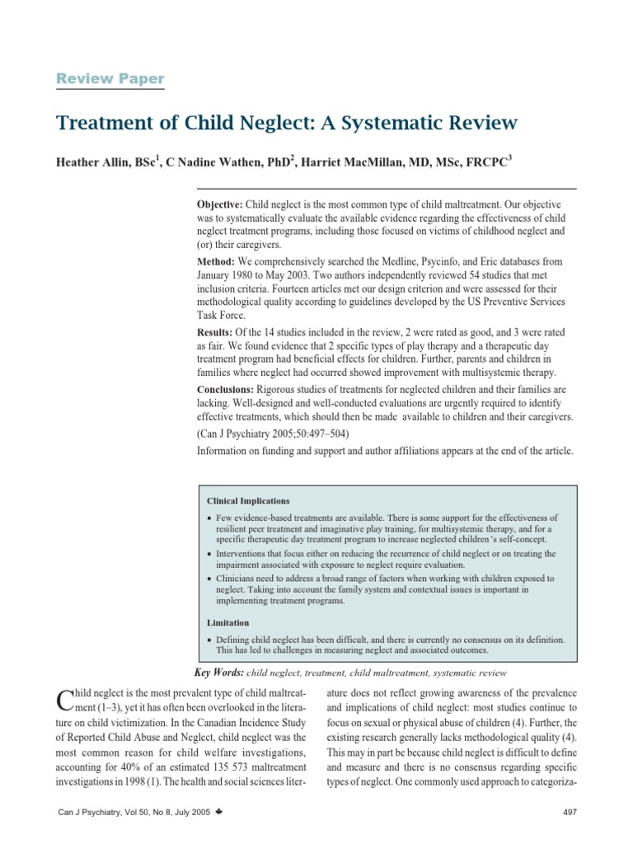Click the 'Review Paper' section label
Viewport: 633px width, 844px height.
pos(110,79)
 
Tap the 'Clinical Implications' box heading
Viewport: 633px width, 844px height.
pos(248,500)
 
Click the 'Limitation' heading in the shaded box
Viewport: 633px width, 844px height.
pos(227,623)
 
